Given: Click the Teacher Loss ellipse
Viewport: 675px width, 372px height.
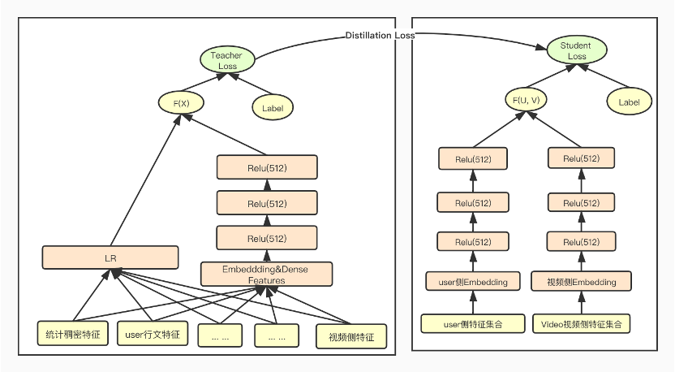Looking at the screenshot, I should (x=227, y=60).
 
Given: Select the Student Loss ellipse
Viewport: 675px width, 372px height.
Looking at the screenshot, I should (x=575, y=51).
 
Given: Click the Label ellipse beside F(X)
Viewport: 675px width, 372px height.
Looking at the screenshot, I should (x=273, y=106).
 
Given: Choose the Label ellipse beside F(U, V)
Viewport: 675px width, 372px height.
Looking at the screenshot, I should (x=629, y=102).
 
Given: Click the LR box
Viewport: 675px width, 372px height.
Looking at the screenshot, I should (x=110, y=257).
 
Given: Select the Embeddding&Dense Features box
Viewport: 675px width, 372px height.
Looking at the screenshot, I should (x=255, y=275).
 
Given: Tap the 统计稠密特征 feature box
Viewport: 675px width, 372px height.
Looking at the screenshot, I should (x=73, y=334).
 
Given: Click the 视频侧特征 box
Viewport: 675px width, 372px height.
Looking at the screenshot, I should (x=351, y=336).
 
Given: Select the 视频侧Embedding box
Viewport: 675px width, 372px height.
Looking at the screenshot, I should (x=581, y=282).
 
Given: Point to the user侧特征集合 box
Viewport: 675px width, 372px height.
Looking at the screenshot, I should (x=474, y=323).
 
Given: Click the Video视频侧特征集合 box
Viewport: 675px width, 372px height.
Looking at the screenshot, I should (x=581, y=323).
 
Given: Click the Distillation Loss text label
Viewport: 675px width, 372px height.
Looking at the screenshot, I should (x=380, y=36).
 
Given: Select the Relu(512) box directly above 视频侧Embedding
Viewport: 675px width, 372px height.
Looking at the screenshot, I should (x=581, y=242).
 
